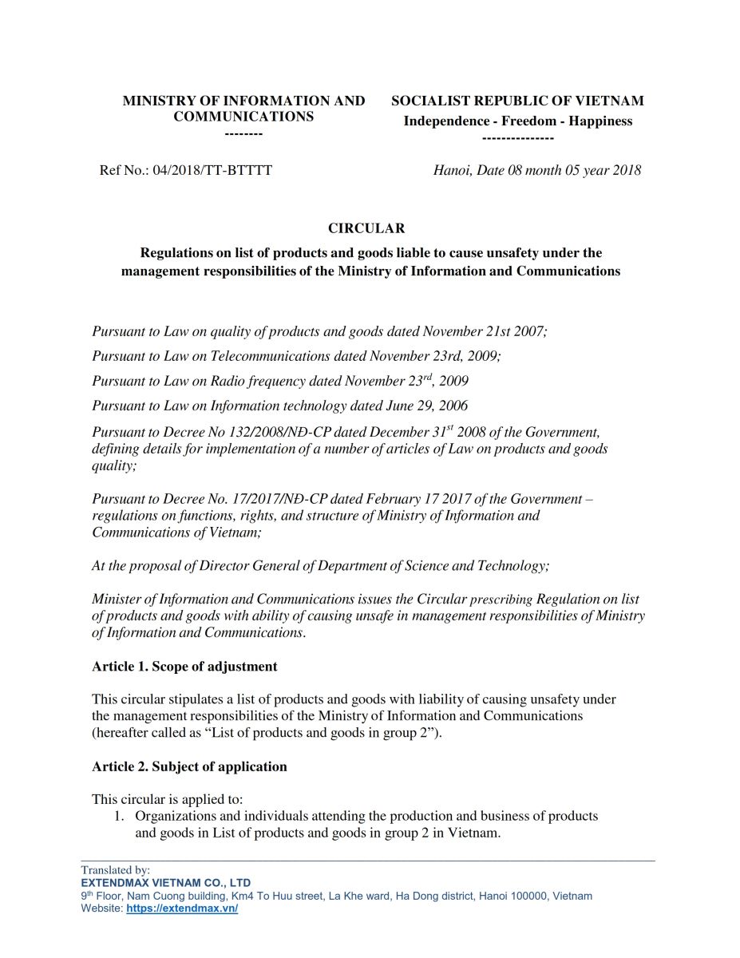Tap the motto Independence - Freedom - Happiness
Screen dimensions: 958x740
click(517, 121)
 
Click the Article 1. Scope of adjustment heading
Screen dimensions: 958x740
click(184, 666)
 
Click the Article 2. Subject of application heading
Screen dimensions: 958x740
click(189, 766)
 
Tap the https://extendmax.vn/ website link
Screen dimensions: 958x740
click(182, 909)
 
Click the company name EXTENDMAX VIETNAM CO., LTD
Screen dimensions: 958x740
click(165, 883)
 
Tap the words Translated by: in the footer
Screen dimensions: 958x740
click(115, 870)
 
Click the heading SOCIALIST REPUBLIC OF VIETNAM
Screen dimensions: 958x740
click(517, 101)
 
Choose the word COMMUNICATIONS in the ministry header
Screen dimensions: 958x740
click(243, 117)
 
